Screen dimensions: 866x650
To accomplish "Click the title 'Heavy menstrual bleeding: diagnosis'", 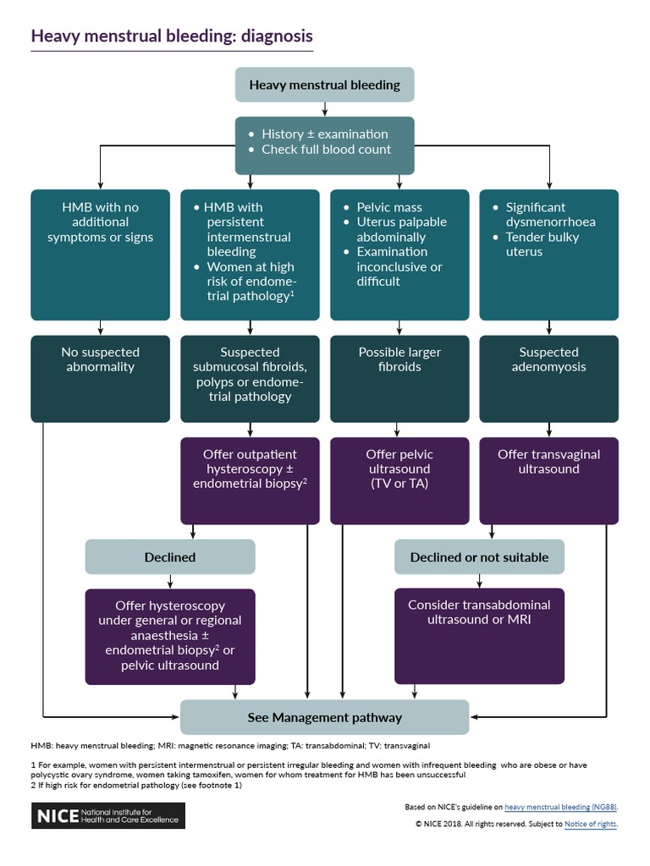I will pos(172,36).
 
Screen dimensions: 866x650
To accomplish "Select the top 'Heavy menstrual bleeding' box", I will pos(324,85).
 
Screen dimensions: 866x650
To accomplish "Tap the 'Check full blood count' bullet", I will pos(326,150).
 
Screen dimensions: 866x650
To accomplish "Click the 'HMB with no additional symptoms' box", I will pos(101,222).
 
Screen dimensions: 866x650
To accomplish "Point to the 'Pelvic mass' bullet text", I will pos(388,207).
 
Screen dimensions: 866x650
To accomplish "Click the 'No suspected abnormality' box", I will pos(101,360).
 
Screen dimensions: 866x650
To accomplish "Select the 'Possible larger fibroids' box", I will pos(399,360).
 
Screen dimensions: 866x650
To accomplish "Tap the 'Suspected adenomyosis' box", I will pos(548,360).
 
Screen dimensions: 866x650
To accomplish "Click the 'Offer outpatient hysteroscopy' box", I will pos(250,470).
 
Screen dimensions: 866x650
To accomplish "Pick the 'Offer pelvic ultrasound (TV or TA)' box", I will pos(399,470).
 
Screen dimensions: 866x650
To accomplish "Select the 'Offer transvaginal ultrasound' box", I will pos(548,463).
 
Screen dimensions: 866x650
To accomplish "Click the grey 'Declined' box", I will pos(169,557).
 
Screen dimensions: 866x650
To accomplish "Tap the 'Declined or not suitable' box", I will pos(479,557).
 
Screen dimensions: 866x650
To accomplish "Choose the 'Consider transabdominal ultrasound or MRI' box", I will pos(479,613).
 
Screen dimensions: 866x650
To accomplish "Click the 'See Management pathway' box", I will pos(324,717).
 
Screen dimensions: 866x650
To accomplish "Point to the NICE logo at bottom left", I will pos(107,816).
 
